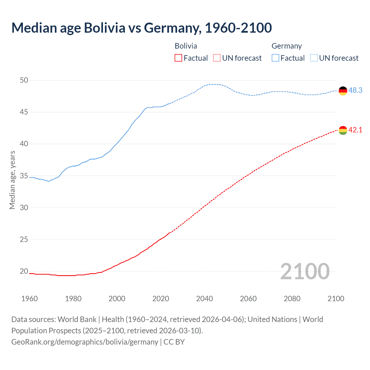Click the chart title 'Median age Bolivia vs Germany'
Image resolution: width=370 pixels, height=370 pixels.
point(141,28)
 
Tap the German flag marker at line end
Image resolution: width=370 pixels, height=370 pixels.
point(343,91)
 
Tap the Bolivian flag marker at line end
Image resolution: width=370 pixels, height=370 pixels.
point(343,130)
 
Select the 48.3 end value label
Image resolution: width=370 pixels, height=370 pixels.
point(355,90)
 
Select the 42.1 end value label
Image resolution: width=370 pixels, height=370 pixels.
point(355,130)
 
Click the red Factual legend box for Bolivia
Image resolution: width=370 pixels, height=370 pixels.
point(178,58)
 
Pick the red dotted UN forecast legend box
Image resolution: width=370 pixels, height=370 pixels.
point(217,58)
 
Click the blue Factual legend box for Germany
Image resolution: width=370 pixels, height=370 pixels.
point(275,58)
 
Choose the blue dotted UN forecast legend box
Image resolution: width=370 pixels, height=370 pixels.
point(314,58)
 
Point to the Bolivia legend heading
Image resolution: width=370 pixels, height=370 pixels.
point(186,46)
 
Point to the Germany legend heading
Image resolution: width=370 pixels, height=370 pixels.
point(286,46)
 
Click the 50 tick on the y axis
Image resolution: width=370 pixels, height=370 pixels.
point(24,80)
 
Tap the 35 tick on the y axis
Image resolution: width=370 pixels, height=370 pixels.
point(24,176)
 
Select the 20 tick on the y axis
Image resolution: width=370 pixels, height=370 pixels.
point(24,271)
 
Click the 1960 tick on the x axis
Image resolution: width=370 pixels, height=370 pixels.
point(29,299)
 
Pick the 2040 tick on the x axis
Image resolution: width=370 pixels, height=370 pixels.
point(204,299)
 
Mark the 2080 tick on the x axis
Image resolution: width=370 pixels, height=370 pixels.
point(292,299)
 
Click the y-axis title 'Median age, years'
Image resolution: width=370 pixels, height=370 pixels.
point(12,180)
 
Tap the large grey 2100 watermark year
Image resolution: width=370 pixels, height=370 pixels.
point(305,271)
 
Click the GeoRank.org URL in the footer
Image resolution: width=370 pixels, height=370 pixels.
point(85,342)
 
